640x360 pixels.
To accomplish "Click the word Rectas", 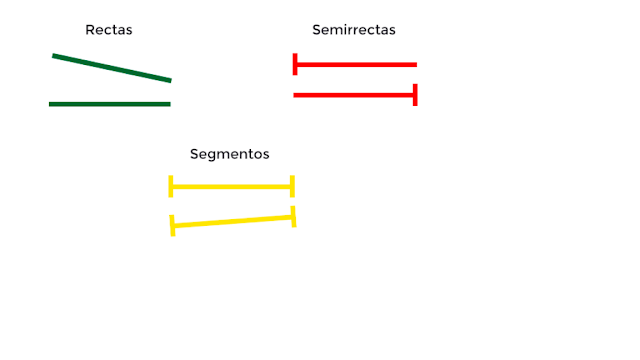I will [109, 30].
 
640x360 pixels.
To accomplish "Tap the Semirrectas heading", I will [354, 30].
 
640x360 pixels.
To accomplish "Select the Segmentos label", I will [230, 154].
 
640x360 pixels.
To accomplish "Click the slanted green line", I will [112, 68].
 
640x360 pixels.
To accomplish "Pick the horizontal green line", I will [110, 104].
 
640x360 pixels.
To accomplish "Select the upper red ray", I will [356, 65].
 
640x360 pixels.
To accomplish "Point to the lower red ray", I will [354, 95].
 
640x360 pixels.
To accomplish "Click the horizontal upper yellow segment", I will [231, 187].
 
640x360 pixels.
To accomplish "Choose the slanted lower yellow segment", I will [233, 221].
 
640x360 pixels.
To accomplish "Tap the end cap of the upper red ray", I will [295, 64].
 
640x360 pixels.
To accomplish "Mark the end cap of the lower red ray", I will [414, 95].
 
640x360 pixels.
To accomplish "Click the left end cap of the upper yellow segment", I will [171, 186].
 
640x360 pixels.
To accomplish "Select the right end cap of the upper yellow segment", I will [292, 186].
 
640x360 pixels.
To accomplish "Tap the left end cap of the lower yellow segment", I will [173, 225].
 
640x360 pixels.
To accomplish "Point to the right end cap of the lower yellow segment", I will [293, 216].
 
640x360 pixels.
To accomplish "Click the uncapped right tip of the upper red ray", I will [415, 65].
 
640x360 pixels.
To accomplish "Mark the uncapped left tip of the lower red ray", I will [295, 95].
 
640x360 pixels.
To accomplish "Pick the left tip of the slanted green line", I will [54, 56].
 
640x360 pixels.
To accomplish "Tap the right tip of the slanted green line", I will [170, 80].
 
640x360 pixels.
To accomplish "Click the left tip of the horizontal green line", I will [51, 104].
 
